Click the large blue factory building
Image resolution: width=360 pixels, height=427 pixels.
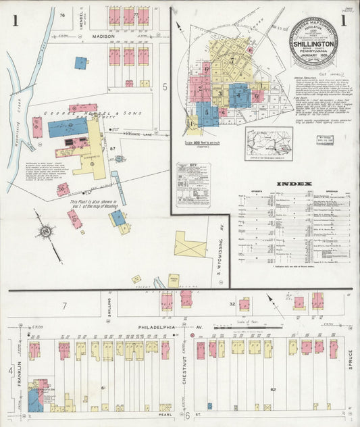67,128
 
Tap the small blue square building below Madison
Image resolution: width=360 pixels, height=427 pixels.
80,63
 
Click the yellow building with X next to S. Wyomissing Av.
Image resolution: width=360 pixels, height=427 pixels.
190,245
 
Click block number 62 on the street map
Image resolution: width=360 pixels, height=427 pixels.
273,390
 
